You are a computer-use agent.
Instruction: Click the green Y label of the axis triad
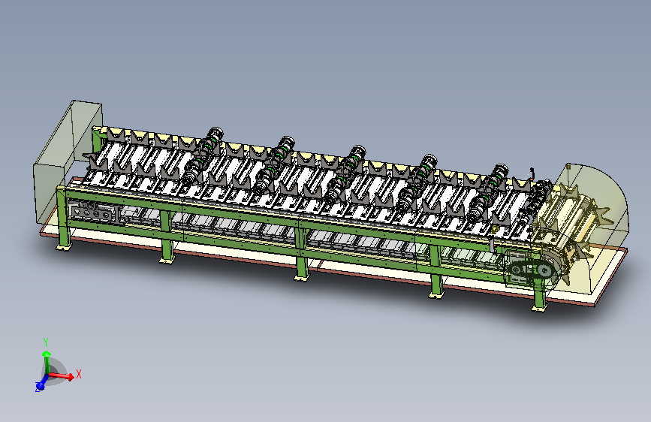pos(46,342)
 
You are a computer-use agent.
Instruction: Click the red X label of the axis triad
pos(79,374)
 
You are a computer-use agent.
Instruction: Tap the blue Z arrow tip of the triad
pos(40,387)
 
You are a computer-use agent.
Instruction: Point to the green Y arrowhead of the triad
pos(47,354)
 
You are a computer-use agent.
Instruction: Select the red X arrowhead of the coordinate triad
pos(71,376)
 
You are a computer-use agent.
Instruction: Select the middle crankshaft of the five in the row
pos(346,173)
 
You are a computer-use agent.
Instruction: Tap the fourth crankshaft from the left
pos(417,182)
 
